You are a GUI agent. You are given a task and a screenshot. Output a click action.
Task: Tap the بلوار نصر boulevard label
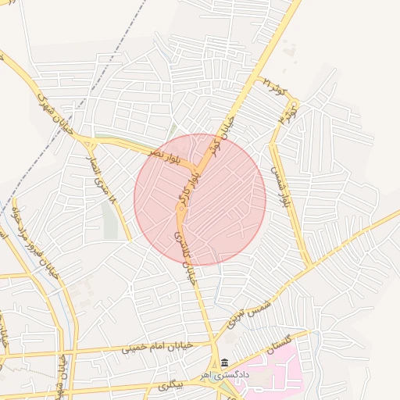click(x=169, y=149)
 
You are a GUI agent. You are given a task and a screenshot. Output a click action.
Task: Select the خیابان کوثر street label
click(x=227, y=129)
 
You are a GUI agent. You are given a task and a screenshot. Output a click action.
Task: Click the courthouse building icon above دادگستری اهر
click(x=225, y=363)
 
